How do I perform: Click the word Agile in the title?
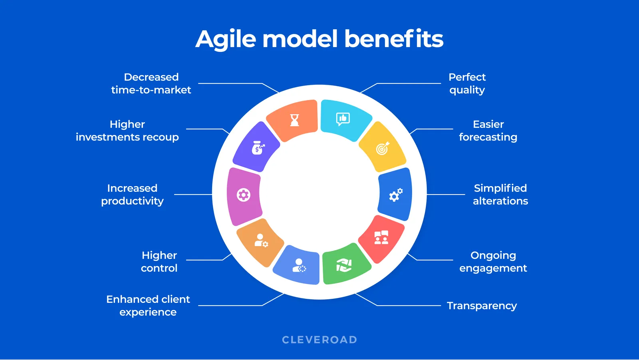click(226, 40)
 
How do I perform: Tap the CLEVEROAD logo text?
click(319, 340)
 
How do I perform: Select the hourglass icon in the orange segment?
click(294, 120)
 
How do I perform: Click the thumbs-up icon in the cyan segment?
click(343, 119)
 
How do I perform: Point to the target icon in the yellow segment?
click(383, 148)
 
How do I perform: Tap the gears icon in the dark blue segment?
click(395, 195)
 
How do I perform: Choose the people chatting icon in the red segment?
click(381, 237)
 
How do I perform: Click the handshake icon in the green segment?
click(343, 265)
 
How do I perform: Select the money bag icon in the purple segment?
click(258, 148)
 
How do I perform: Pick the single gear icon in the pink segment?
click(243, 195)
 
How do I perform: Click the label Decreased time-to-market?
click(151, 84)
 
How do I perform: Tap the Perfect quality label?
click(467, 84)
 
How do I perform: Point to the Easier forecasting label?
click(488, 131)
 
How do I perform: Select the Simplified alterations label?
click(500, 195)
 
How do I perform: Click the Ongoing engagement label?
click(493, 262)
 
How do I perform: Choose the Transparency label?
click(482, 306)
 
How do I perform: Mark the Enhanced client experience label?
click(148, 306)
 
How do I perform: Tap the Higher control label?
click(159, 262)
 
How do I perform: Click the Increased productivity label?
click(132, 195)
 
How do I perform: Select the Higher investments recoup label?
click(127, 131)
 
